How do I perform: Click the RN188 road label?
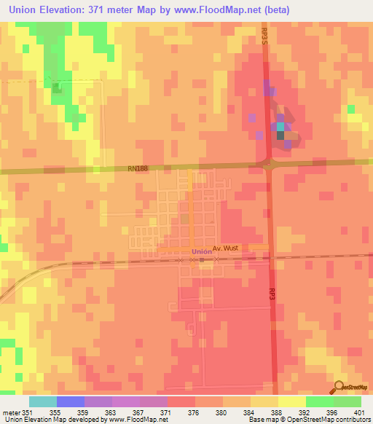click(137, 169)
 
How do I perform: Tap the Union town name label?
click(202, 252)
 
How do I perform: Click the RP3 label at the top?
click(264, 34)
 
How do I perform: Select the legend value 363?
click(111, 412)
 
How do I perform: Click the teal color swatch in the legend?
click(43, 401)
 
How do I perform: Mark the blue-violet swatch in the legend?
click(71, 401)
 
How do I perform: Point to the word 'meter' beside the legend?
click(10, 412)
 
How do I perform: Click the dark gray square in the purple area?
click(280, 136)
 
